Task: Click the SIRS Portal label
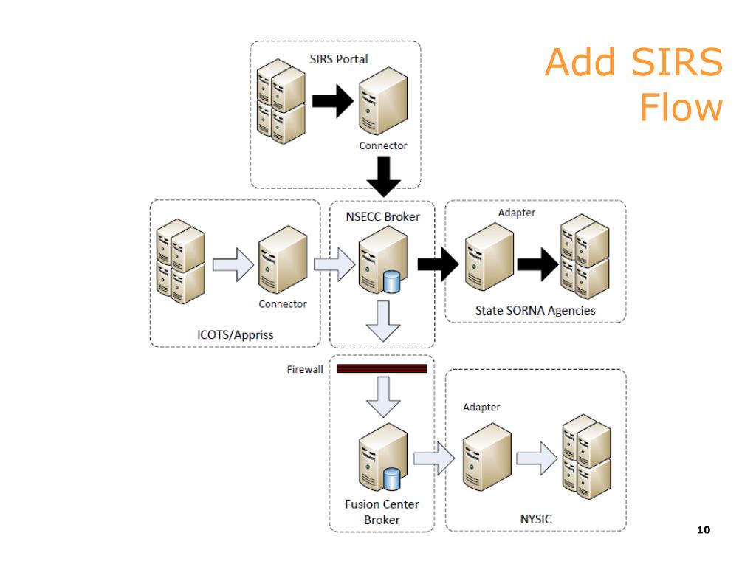click(x=338, y=59)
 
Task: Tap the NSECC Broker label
click(x=383, y=217)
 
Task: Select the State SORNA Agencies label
click(x=535, y=311)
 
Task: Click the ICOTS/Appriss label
click(x=236, y=334)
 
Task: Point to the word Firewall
click(x=305, y=369)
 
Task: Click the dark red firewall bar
click(x=382, y=369)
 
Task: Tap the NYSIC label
click(x=536, y=519)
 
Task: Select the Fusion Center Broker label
click(x=382, y=512)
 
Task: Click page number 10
click(x=704, y=530)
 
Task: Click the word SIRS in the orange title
click(x=677, y=62)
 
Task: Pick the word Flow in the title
click(x=681, y=107)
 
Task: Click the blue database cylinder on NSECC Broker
click(x=391, y=282)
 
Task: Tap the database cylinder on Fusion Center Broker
click(x=391, y=479)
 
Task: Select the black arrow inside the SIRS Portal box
click(x=333, y=101)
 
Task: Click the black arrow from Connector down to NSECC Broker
click(x=384, y=177)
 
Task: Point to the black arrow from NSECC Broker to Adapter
click(x=439, y=264)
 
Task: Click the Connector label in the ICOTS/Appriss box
click(x=283, y=304)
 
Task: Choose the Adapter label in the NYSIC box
click(x=481, y=408)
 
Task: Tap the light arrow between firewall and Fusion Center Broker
click(x=383, y=396)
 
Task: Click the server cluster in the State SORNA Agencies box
click(x=585, y=257)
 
